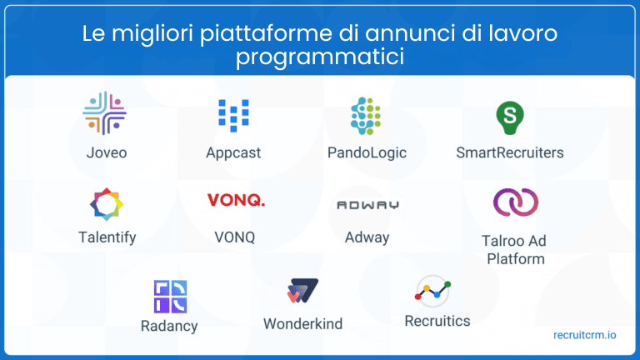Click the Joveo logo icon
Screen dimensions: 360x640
(104, 114)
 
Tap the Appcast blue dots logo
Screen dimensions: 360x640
(233, 116)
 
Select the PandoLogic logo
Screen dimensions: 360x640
(367, 116)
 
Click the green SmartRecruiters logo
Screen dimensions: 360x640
(509, 116)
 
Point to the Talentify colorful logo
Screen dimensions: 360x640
(107, 204)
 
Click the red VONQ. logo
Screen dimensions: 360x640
(236, 200)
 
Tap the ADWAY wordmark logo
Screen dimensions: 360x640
(367, 204)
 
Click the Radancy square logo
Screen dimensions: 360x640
(170, 297)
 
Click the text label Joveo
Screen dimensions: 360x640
(107, 152)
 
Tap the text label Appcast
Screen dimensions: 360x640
(233, 152)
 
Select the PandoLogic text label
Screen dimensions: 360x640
(367, 152)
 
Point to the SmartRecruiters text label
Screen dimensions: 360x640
(510, 152)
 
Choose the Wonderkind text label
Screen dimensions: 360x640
(302, 323)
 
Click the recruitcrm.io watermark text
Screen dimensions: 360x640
(585, 335)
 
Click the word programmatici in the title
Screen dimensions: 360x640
(320, 57)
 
